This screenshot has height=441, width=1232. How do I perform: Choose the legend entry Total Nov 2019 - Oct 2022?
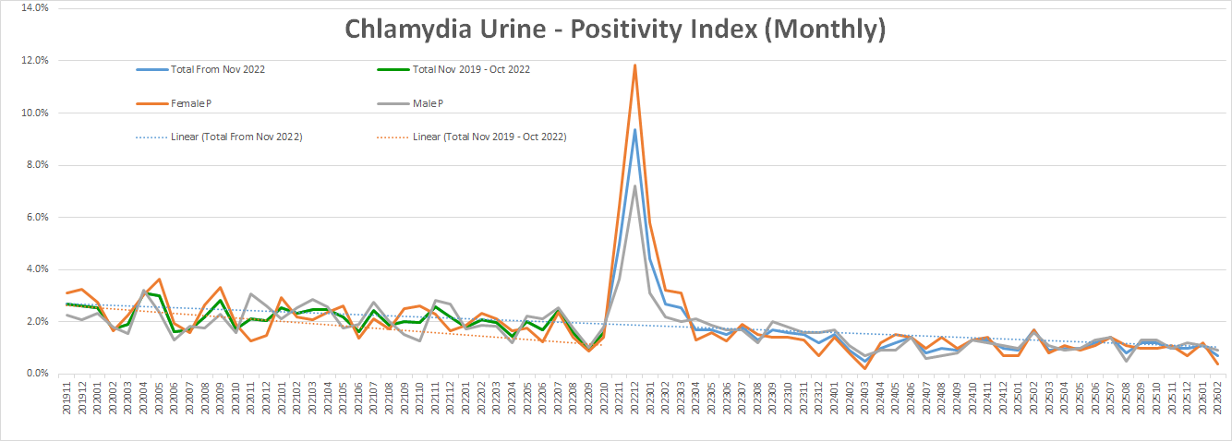click(471, 69)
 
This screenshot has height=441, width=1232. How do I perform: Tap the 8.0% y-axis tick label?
click(35, 165)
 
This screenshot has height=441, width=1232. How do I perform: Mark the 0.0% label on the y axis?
click(35, 374)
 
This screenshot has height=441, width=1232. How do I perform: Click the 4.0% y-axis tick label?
click(35, 269)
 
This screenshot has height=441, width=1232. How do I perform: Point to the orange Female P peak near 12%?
click(634, 66)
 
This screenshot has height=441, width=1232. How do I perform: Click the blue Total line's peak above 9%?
click(634, 129)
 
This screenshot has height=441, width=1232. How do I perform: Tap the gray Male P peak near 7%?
click(634, 186)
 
